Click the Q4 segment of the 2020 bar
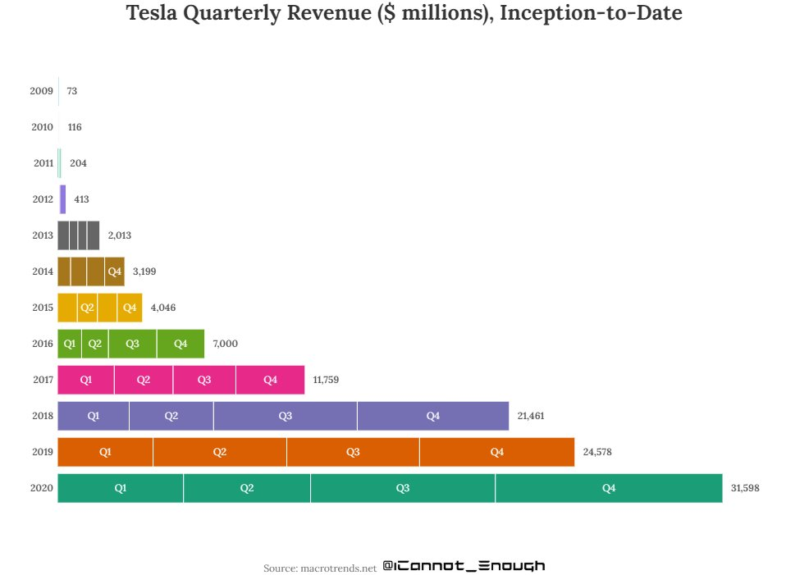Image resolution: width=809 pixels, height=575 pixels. [x=608, y=488]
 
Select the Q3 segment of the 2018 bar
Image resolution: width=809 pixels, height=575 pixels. [x=285, y=416]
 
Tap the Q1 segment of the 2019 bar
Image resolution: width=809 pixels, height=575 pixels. [x=105, y=452]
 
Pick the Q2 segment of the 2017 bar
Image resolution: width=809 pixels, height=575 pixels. [x=143, y=380]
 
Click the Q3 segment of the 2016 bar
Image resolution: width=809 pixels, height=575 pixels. [x=132, y=344]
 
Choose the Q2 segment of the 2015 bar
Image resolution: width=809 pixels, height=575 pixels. [x=87, y=308]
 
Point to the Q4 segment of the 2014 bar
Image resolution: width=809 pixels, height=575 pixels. [x=115, y=272]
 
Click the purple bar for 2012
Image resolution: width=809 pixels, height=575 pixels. [x=62, y=199]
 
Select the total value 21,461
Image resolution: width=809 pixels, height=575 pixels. [x=531, y=416]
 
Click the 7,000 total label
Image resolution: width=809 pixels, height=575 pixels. [x=225, y=344]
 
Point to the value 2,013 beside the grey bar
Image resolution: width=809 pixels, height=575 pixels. [x=119, y=235]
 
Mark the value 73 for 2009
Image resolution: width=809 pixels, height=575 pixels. [x=72, y=91]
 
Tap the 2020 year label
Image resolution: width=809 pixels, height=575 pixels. [x=41, y=488]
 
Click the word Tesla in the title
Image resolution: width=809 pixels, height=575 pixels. [x=156, y=14]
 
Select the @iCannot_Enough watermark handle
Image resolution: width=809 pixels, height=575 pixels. [x=464, y=566]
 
